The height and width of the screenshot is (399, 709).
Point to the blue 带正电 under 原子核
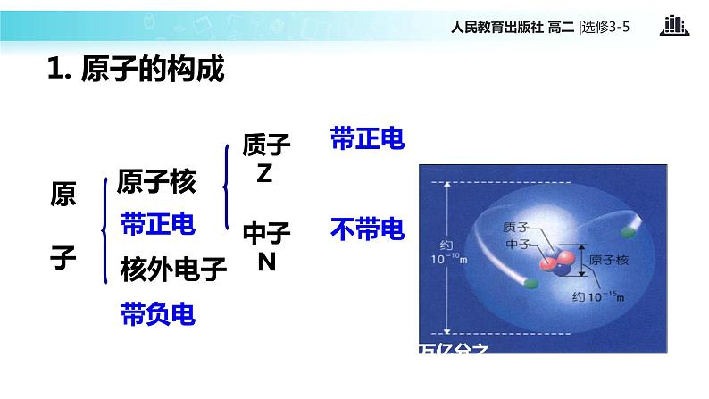tap(157, 224)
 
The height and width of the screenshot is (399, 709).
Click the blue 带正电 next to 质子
tap(367, 139)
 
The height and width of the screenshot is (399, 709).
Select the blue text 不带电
tap(367, 230)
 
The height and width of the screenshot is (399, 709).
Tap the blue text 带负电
tap(157, 313)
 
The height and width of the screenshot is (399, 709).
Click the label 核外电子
tap(174, 269)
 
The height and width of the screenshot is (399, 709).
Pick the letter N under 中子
tap(266, 262)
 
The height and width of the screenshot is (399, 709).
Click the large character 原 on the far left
tap(63, 195)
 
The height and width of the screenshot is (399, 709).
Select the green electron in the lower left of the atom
tap(532, 284)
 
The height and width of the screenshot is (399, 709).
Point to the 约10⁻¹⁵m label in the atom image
tap(600, 295)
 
